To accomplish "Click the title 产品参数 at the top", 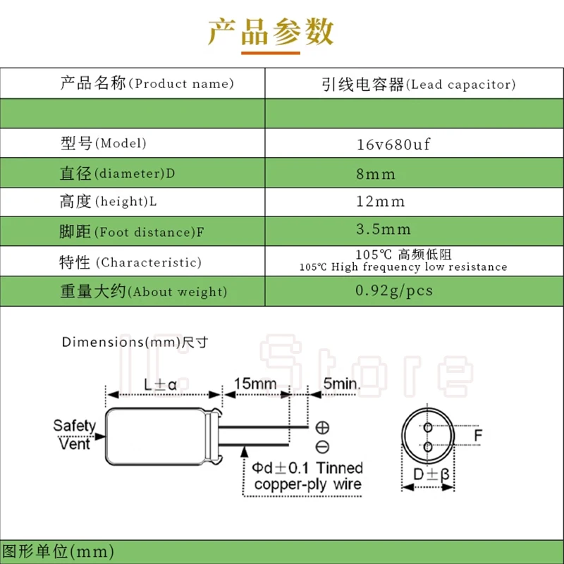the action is tap(271, 32).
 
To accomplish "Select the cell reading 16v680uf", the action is tap(393, 145).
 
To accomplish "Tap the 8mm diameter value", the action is tap(376, 174).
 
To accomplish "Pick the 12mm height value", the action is tap(381, 202).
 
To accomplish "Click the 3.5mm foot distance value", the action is tap(383, 230).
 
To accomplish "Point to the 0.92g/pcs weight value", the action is tap(393, 290).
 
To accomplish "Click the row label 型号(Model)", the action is tap(103, 144).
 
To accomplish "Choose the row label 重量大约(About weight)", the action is tap(143, 292).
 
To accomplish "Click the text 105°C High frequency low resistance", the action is tap(403, 267).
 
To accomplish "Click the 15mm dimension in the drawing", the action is tap(255, 385).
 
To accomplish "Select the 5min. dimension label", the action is tap(341, 385).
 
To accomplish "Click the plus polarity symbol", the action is tap(322, 427).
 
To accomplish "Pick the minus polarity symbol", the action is tap(322, 446).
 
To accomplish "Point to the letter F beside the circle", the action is tap(478, 436).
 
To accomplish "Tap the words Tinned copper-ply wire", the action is tap(308, 477).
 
